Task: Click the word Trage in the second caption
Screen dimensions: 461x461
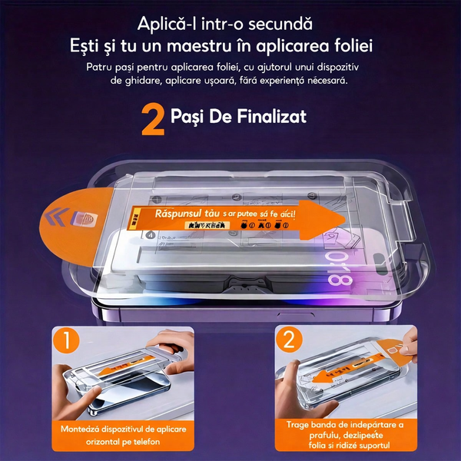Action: point(300,423)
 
